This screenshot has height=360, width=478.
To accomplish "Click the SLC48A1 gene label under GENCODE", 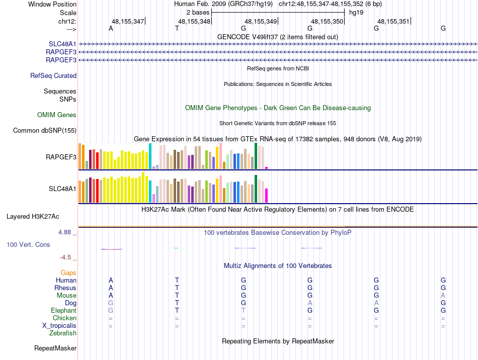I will coord(62,44).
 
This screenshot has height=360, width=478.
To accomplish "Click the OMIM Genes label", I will coord(57,115).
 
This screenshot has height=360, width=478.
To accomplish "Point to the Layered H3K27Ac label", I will coord(33,217).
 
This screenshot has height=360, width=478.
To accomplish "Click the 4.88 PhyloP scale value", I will coord(65,232).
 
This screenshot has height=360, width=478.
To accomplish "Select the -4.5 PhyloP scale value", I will coord(65,257).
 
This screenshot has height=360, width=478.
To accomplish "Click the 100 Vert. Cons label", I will coord(29,245).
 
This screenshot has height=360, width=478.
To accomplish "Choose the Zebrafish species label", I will coord(63,333).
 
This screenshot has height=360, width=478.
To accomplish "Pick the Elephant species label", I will coord(64,311).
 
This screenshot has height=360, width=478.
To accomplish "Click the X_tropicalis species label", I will coord(59,326).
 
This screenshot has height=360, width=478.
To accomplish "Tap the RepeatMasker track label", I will coord(55,348).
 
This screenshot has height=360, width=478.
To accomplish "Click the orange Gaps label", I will coord(68,273).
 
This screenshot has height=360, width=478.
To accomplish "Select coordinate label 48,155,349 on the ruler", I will coord(261,21).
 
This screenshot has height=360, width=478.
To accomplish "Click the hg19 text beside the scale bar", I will coord(356,12).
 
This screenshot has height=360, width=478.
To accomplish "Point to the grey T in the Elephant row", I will coord(244,311).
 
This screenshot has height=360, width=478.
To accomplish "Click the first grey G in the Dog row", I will coord(111,303).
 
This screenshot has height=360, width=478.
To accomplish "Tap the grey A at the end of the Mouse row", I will coord(443,295).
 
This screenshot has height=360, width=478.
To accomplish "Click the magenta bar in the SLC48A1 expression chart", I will coord(267,195).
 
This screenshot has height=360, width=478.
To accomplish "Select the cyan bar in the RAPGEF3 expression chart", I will coord(150,156).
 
